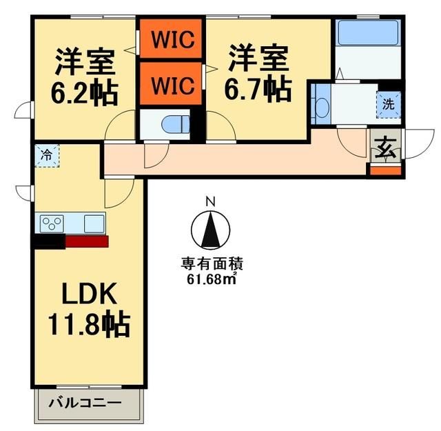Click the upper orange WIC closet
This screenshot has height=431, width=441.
point(170,39)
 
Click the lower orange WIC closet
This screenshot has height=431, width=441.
point(170,84)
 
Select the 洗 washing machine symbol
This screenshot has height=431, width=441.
point(389,106)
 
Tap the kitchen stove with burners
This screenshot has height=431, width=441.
point(52,223)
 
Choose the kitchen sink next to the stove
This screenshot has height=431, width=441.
point(94,223)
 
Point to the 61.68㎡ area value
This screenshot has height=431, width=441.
point(212,278)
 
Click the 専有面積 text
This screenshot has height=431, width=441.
point(212,263)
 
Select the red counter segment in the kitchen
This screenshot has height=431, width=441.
point(86,241)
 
